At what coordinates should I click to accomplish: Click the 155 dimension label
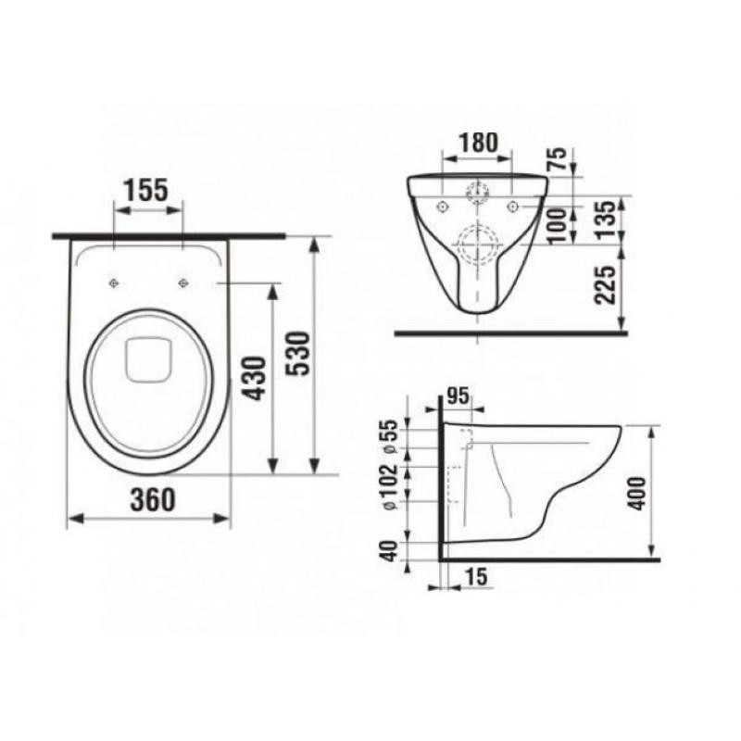(x=146, y=190)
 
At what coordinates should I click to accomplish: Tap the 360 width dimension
(x=153, y=500)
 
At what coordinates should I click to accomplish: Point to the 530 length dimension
(x=299, y=354)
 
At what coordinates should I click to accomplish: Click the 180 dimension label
(x=478, y=143)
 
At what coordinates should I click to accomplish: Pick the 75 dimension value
(x=558, y=158)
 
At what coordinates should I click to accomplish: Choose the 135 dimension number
(x=606, y=220)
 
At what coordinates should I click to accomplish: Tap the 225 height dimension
(x=606, y=285)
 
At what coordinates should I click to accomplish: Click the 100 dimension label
(x=558, y=226)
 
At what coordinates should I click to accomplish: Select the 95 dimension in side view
(x=458, y=396)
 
